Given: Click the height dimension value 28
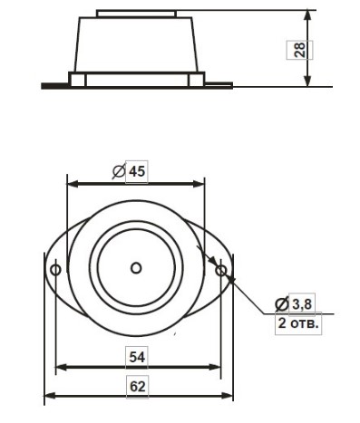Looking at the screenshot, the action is (299, 50).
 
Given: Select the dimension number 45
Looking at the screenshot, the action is (137, 171).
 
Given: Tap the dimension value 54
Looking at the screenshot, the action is (137, 357).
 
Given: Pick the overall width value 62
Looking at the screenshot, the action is (138, 387).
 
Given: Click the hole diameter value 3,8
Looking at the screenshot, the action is (302, 303).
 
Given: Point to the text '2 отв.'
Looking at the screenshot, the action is (298, 323).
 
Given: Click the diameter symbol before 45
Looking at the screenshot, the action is (119, 171).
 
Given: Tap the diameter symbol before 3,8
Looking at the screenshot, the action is (282, 303).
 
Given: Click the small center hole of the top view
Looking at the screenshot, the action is (136, 268).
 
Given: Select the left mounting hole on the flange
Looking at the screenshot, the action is (55, 269).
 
